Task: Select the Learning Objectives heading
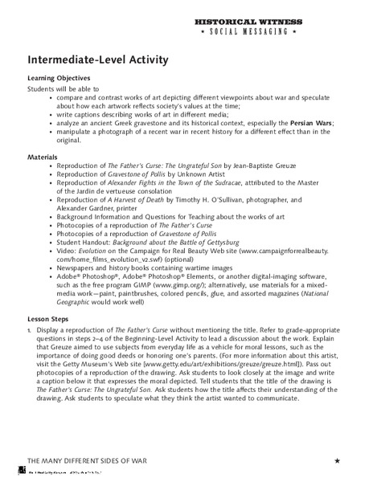click(59, 77)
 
